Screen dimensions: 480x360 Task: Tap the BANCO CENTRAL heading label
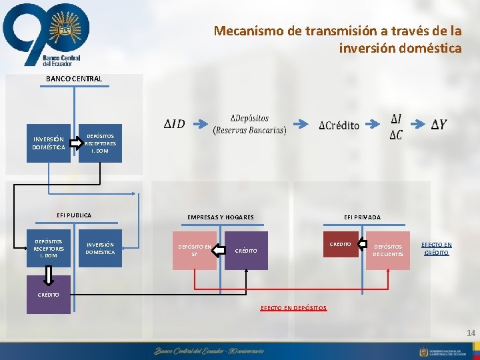coord(74,79)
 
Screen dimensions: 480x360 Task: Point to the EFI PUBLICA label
coord(73,215)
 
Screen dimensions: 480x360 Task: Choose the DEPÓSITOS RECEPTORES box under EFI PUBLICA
coord(49,248)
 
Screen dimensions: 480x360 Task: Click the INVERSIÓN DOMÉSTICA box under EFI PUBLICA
coord(100,248)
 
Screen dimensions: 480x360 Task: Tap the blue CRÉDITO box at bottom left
coord(48,294)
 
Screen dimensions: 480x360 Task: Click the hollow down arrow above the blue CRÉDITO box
coord(49,274)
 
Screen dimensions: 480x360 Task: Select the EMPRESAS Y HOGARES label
coord(220,217)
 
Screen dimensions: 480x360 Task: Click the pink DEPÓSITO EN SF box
coord(195,251)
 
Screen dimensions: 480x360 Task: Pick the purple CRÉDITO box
coord(246,251)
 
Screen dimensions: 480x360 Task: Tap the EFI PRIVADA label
coord(362,217)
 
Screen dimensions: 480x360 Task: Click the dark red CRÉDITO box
coord(340,244)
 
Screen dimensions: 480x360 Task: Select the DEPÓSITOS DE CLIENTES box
coord(387,251)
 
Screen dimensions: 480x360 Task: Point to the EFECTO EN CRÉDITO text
coord(437,249)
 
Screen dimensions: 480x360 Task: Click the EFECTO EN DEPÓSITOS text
coord(293,308)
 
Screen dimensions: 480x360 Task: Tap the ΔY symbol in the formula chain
coord(439,125)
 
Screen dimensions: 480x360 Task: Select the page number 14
coord(471,333)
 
